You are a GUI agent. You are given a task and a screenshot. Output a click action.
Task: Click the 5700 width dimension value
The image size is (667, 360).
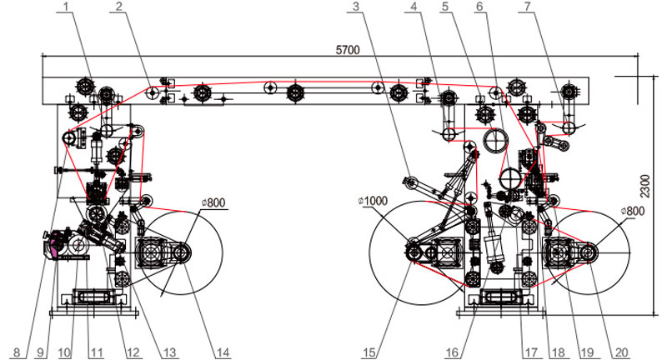pos(348,50)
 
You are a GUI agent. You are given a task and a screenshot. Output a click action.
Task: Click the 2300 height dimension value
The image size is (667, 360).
pos(644,186)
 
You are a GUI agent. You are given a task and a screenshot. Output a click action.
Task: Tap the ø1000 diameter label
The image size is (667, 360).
pos(373,201)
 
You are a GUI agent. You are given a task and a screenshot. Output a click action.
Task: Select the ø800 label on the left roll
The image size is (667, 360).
pos(213,202)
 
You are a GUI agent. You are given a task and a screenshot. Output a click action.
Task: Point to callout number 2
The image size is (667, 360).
pos(118,6)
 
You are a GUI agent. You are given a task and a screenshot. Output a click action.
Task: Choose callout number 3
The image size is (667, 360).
pos(356,6)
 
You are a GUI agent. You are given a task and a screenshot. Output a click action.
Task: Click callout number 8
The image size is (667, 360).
pos(17,352)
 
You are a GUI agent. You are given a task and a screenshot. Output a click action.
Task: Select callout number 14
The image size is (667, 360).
pos(223,352)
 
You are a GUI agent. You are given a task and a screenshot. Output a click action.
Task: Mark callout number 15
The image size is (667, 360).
pos(369,352)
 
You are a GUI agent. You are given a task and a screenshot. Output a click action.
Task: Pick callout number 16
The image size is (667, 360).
pos(452,352)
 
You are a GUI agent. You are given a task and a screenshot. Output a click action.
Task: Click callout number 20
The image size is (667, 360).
pos(621,352)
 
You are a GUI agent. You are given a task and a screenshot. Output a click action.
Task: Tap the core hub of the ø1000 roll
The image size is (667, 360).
pos(413,253)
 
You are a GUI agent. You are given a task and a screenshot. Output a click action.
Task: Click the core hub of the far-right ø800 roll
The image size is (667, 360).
pos(589,253)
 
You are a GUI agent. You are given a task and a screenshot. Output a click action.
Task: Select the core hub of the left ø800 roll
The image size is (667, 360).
pos(181,253)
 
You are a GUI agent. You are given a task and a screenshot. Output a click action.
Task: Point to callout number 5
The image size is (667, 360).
pos(444,6)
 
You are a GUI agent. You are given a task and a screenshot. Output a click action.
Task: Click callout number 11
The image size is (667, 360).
pos(97,352)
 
